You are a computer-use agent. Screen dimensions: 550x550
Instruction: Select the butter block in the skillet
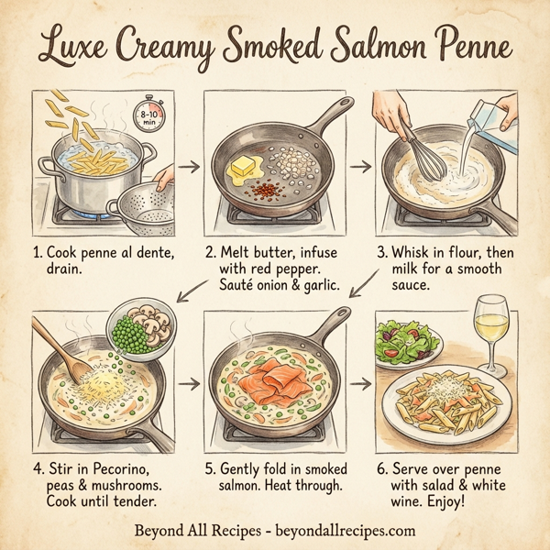(245, 167)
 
